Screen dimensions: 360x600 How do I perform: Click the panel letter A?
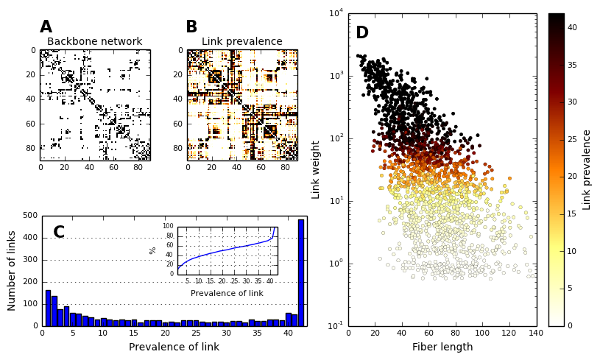pyautogui.click(x=46, y=27)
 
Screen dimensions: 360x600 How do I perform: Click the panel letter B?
pyautogui.click(x=191, y=27)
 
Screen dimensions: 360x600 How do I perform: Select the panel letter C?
pyautogui.click(x=59, y=233)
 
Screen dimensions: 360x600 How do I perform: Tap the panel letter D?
pyautogui.click(x=361, y=33)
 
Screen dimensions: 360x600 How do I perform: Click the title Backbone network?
pyautogui.click(x=94, y=42)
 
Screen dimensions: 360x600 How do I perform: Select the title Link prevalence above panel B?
pyautogui.click(x=241, y=42)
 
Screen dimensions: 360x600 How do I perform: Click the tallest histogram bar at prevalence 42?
pyautogui.click(x=300, y=272)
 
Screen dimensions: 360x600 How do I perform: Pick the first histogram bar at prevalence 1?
pyautogui.click(x=48, y=308)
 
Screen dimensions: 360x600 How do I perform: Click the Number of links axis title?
pyautogui.click(x=12, y=270)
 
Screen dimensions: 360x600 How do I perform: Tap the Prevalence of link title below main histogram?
pyautogui.click(x=174, y=347)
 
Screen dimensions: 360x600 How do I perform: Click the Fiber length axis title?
pyautogui.click(x=442, y=347)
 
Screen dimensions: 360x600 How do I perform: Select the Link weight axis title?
pyautogui.click(x=317, y=169)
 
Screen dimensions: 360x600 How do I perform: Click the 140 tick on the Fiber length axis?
pyautogui.click(x=535, y=333)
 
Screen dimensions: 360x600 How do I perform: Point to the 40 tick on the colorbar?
pyautogui.click(x=572, y=28)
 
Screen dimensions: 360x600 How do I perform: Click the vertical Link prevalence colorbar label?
pyautogui.click(x=587, y=169)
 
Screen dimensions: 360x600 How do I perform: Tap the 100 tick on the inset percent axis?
pyautogui.click(x=169, y=226)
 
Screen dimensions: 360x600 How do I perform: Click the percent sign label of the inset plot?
pyautogui.click(x=153, y=250)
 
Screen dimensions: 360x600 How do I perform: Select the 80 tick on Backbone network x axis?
pyautogui.click(x=138, y=168)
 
